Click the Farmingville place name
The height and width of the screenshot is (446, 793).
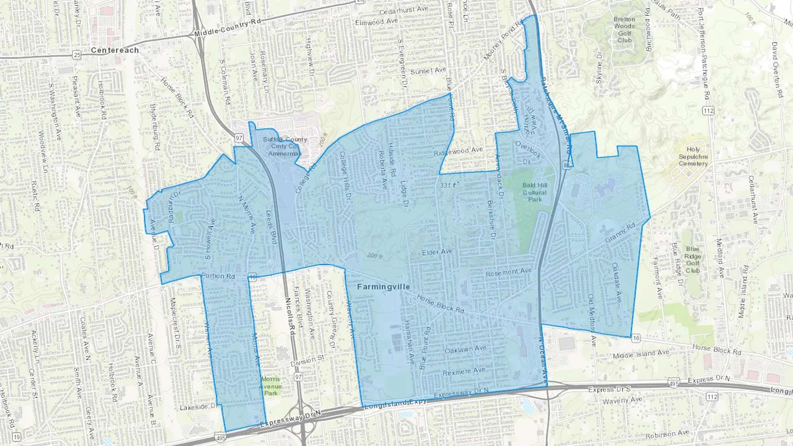(x=383, y=287)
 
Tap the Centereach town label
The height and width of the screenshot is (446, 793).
(x=115, y=50)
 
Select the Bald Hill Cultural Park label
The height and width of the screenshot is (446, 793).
(x=535, y=192)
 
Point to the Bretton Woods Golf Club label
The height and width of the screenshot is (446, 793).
(x=624, y=29)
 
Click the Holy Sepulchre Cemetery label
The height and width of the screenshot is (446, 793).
(x=693, y=157)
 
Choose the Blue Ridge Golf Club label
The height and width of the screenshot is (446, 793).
(x=693, y=260)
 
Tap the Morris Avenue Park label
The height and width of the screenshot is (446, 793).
(x=271, y=386)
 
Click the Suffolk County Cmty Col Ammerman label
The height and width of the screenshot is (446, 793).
(x=285, y=146)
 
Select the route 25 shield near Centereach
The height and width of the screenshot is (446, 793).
(x=78, y=55)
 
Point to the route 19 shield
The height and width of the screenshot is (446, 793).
(x=16, y=437)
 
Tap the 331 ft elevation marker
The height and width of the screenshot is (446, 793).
(x=448, y=185)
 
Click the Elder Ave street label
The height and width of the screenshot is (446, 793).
(x=437, y=252)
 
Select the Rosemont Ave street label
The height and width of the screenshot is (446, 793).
(x=508, y=273)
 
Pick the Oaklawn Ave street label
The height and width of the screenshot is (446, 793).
(x=465, y=350)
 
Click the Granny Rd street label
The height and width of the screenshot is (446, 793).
(x=620, y=233)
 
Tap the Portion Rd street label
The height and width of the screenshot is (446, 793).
(x=218, y=276)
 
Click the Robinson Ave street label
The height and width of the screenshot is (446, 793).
(x=667, y=434)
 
